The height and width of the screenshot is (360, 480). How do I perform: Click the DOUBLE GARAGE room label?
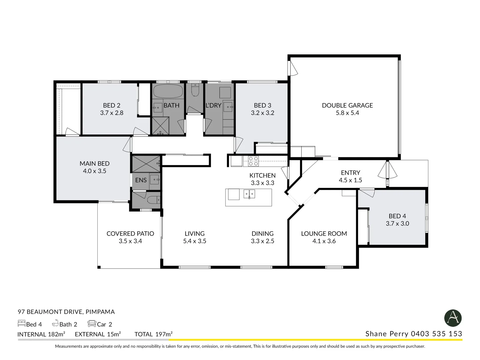pos(347,105)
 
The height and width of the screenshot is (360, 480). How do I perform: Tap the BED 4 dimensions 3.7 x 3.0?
pos(397,224)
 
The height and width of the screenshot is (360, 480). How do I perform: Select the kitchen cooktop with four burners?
pos(253,161)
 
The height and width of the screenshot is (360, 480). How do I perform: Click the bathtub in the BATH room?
pos(168,91)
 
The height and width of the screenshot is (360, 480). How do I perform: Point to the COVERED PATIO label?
pos(130,234)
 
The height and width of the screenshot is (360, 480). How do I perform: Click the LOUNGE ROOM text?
pos(324,234)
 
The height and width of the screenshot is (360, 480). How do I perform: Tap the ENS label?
pos(141,180)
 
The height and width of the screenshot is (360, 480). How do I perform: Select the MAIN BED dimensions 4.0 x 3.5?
pos(94,171)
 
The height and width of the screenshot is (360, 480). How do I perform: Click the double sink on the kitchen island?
pos(249,194)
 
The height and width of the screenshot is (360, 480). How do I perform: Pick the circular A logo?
pos(453,318)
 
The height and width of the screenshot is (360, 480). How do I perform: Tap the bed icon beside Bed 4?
pos(21,323)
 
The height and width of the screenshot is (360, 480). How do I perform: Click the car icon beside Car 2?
pos(92,323)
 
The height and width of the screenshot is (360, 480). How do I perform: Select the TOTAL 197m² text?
pos(153,334)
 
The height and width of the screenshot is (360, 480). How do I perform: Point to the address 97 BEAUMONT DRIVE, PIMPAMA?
pos(66,312)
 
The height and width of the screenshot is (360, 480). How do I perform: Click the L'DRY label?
pos(213,105)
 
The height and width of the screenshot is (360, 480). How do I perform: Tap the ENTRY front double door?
pos(387,172)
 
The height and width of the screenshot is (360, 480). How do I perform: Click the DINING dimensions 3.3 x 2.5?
pos(262,241)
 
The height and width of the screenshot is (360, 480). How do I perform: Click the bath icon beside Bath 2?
pos(55,323)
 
